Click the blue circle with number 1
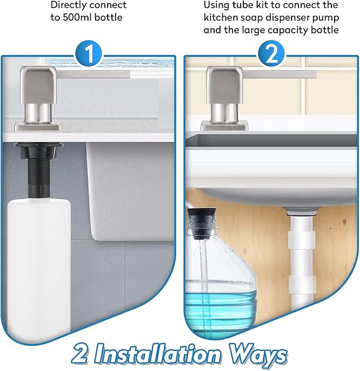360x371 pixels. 90,55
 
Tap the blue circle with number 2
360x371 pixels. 271,55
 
